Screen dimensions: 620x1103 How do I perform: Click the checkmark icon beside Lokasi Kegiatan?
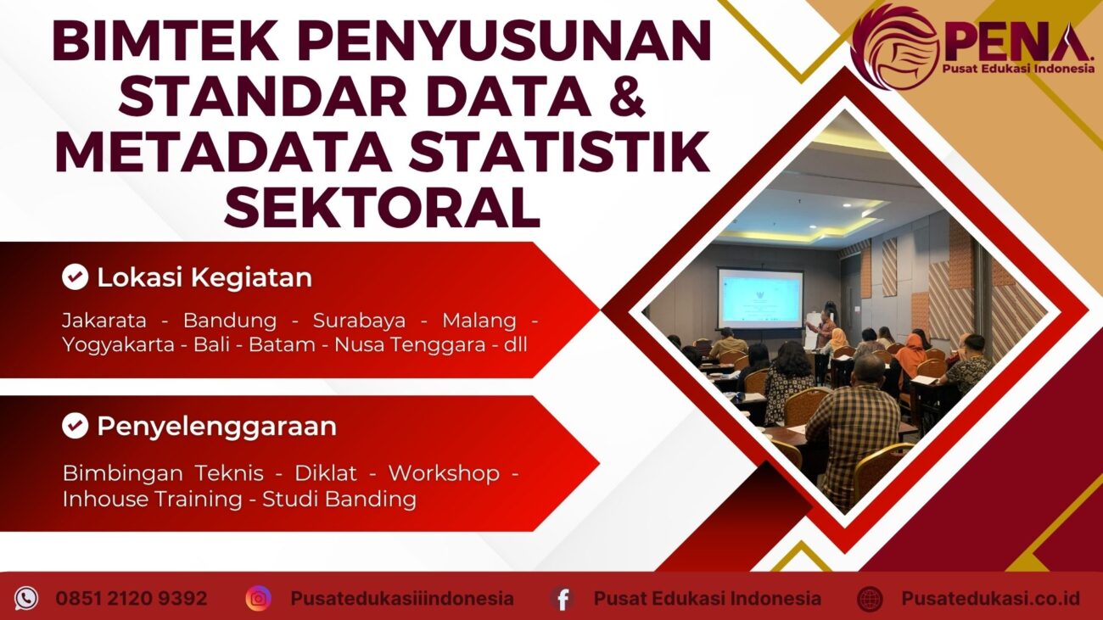[x=76, y=277]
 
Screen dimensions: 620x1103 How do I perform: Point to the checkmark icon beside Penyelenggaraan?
[x=76, y=426]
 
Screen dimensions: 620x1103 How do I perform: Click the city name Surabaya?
[x=359, y=321]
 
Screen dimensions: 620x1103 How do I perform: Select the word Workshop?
[x=444, y=473]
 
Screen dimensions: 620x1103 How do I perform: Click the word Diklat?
[x=326, y=473]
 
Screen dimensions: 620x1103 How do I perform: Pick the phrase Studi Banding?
[x=339, y=499]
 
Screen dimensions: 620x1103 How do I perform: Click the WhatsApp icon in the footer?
[x=26, y=599]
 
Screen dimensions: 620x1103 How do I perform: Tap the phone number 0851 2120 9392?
[x=132, y=599]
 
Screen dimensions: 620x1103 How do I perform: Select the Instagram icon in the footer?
[x=258, y=599]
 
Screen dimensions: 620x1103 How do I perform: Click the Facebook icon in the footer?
[x=561, y=599]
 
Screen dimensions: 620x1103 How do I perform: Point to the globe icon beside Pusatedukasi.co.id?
[x=870, y=599]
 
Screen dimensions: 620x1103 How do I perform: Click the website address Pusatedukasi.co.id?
[x=990, y=599]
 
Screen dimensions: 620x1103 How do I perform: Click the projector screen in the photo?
[x=759, y=298]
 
